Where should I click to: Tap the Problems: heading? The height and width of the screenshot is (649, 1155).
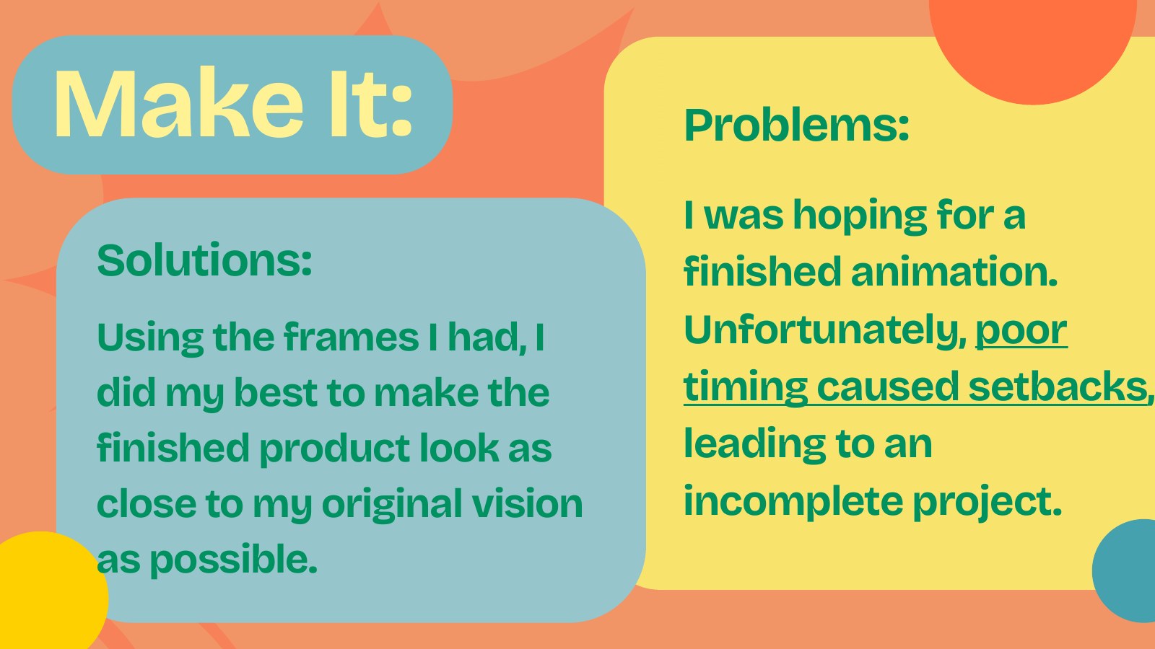click(x=796, y=125)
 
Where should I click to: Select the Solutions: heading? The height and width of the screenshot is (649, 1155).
click(x=205, y=260)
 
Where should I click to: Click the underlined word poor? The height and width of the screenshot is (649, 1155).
click(x=1021, y=333)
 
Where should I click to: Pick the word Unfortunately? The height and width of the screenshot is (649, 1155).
click(x=825, y=332)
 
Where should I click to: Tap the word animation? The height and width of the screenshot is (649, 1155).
click(x=954, y=272)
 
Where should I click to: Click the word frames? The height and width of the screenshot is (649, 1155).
click(x=351, y=337)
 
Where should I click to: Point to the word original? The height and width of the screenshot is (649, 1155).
click(x=392, y=505)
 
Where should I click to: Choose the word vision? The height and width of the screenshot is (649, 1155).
click(x=528, y=503)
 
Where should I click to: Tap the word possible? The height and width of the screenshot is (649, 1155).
click(x=233, y=560)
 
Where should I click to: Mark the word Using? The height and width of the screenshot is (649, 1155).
click(x=150, y=338)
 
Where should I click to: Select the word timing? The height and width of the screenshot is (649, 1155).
click(x=746, y=388)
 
